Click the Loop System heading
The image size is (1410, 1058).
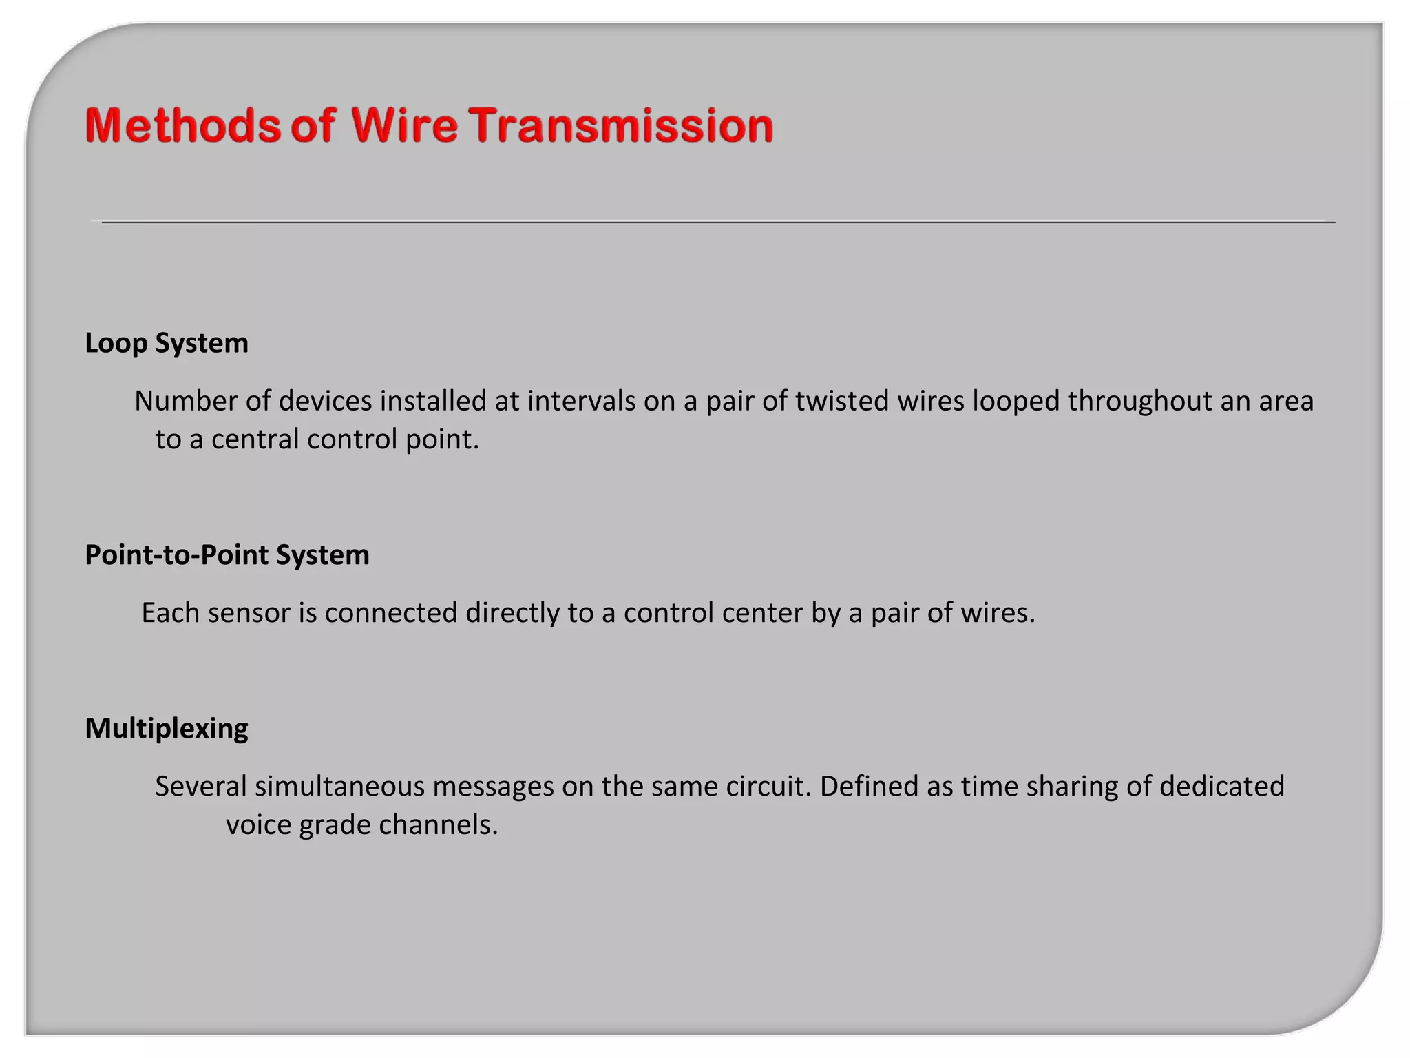coord(167,343)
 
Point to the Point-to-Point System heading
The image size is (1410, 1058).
coord(227,555)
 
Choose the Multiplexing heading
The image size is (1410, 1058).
coord(167,729)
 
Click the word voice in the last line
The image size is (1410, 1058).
coord(258,825)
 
